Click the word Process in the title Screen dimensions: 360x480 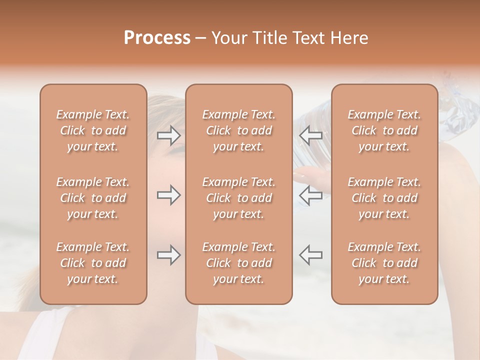pyautogui.click(x=157, y=38)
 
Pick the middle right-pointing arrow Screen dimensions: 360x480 pyautogui.click(x=169, y=195)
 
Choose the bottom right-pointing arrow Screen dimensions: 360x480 pyautogui.click(x=169, y=255)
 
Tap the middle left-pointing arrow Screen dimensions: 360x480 pyautogui.click(x=310, y=195)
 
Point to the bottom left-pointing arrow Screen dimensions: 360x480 pyautogui.click(x=310, y=255)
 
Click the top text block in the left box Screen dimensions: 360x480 pyautogui.click(x=93, y=130)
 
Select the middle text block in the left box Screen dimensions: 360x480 pyautogui.click(x=93, y=198)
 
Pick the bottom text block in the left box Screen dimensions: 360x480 pyautogui.click(x=93, y=263)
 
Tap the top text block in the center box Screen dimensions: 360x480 pyautogui.click(x=239, y=130)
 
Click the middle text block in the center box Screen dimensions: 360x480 pyautogui.click(x=239, y=198)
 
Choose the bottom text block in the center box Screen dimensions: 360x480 pyautogui.click(x=239, y=263)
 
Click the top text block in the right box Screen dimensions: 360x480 pyautogui.click(x=384, y=130)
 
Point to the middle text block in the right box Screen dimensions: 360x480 pyautogui.click(x=384, y=198)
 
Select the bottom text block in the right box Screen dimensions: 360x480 pyautogui.click(x=384, y=263)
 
